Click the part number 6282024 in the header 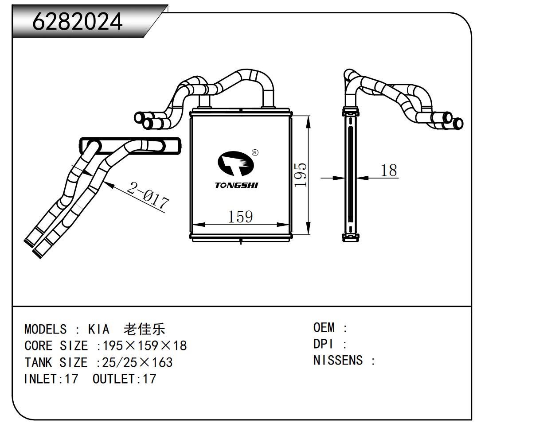pyautogui.click(x=77, y=21)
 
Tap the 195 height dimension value pyautogui.click(x=301, y=175)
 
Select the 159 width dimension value pyautogui.click(x=240, y=217)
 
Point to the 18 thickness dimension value pyautogui.click(x=389, y=170)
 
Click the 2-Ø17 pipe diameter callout pyautogui.click(x=148, y=195)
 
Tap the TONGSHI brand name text pyautogui.click(x=236, y=185)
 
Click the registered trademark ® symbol pyautogui.click(x=255, y=153)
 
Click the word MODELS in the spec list pyautogui.click(x=45, y=330)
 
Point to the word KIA pyautogui.click(x=98, y=330)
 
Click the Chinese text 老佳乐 pyautogui.click(x=145, y=329)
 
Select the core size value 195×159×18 pyautogui.click(x=145, y=346)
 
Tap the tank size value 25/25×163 pyautogui.click(x=137, y=362)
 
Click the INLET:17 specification pyautogui.click(x=51, y=379)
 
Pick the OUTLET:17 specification pyautogui.click(x=124, y=379)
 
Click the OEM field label pyautogui.click(x=324, y=328)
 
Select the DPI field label pyautogui.click(x=323, y=344)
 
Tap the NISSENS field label pyautogui.click(x=338, y=361)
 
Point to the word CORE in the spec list pyautogui.click(x=39, y=346)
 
